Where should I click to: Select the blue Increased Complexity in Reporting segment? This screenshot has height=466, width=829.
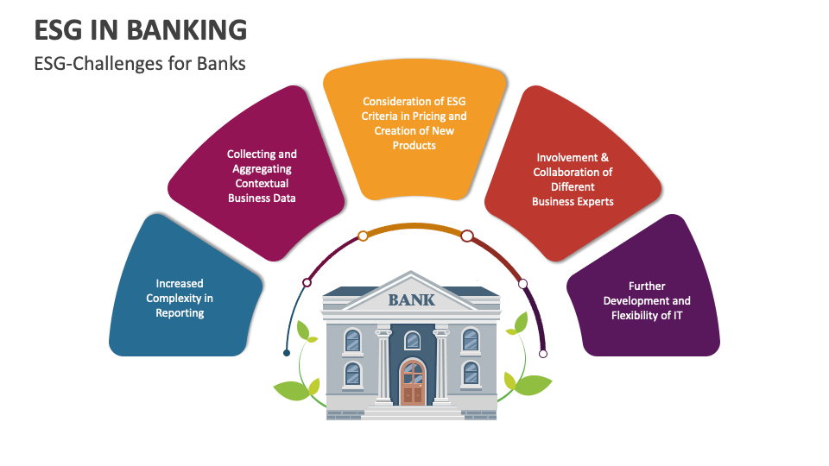182,288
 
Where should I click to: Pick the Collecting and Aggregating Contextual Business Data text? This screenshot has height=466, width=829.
262,176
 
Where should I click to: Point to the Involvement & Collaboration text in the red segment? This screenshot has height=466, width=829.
573,179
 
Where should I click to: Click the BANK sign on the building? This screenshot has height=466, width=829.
411,300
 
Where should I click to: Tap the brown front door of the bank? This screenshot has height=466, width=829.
413,382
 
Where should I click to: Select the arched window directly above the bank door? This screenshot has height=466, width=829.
413,340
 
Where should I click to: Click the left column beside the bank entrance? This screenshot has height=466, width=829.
383,366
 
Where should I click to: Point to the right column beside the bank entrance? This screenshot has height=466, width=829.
441,366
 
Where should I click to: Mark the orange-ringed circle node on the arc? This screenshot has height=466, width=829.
363,236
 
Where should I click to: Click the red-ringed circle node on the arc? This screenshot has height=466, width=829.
467,236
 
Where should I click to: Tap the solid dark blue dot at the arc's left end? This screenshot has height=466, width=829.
287,353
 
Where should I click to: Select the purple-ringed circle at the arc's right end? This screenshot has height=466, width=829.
543,354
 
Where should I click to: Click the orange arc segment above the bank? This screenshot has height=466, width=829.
415,227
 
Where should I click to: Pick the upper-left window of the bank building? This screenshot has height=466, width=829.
352,340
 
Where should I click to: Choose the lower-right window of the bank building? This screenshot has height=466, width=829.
471,374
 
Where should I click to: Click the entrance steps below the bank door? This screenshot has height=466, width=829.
412,412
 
